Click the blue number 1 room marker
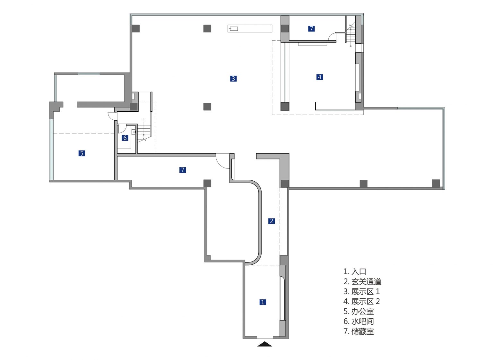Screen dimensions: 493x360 point(263,302)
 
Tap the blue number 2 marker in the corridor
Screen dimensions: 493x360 point(271,221)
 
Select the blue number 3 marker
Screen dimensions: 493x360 point(233,79)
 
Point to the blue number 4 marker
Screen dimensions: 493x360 point(320,77)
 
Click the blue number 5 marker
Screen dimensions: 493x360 point(82,153)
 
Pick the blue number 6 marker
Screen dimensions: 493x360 point(125,138)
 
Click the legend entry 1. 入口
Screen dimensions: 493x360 point(355,271)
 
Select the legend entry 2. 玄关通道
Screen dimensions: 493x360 point(362,281)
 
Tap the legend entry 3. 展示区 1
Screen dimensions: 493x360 point(362,292)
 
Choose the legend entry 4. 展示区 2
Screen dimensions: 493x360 point(362,302)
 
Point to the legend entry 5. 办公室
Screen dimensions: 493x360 point(359,312)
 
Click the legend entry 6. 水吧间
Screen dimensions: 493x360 point(359,321)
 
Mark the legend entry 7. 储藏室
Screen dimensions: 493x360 point(359,331)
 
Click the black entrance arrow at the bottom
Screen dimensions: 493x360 point(264,344)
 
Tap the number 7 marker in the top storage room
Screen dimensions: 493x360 point(311,28)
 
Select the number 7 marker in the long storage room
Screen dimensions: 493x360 point(182,170)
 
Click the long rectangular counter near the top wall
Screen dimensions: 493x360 point(250,29)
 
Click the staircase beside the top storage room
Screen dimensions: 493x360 point(350,33)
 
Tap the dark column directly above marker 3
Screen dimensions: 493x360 point(207,28)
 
